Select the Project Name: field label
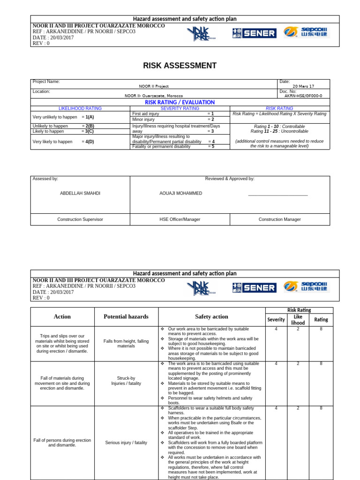click(46, 82)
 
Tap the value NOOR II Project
click(154, 86)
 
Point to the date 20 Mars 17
click(303, 86)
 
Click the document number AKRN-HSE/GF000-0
click(303, 96)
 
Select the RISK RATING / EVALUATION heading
click(180, 102)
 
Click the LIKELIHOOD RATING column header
click(80, 108)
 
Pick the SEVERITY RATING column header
click(180, 108)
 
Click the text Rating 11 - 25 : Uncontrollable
click(279, 132)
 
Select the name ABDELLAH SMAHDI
click(80, 193)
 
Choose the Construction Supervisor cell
click(80, 219)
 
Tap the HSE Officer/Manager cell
click(180, 219)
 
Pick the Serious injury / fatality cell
click(126, 442)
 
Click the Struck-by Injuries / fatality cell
click(126, 381)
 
